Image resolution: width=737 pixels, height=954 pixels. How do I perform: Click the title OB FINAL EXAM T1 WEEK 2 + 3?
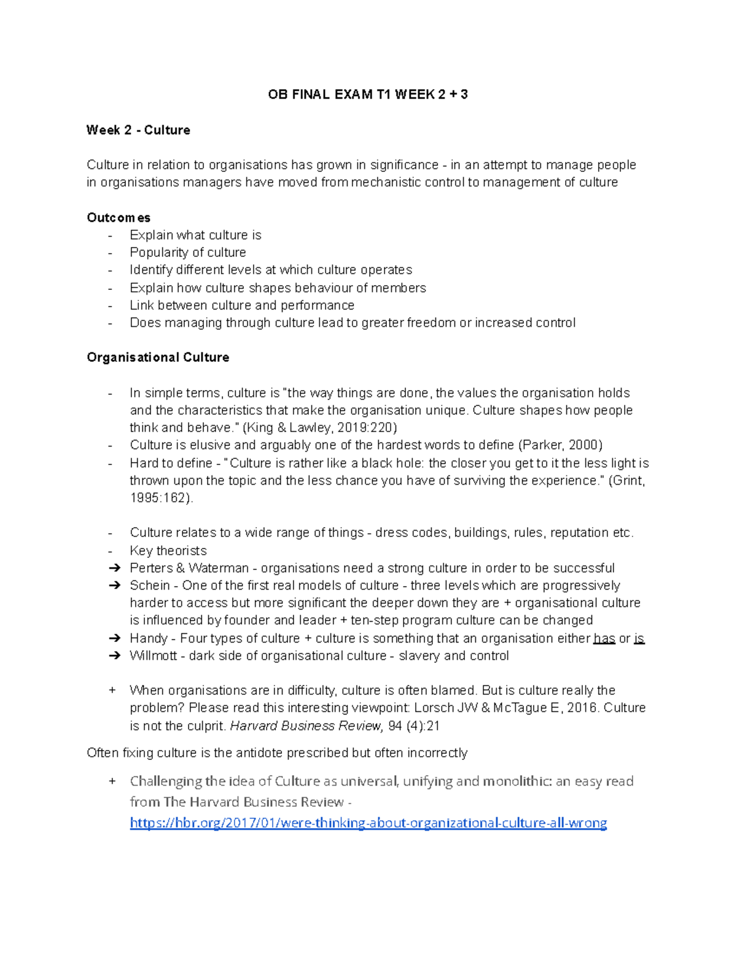pos(368,95)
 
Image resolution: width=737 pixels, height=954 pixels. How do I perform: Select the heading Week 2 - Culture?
pos(138,130)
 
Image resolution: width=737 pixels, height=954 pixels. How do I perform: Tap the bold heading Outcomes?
pos(119,217)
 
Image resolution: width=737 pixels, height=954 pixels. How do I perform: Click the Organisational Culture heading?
pos(158,358)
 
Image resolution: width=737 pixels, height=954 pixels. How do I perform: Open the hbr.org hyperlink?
pos(368,823)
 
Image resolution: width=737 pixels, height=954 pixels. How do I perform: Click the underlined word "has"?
pos(604,639)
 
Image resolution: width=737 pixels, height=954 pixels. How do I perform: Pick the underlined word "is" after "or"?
pos(639,639)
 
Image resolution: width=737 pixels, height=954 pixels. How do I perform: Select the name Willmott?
pos(153,656)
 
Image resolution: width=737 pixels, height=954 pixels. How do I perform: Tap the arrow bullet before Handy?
pos(114,639)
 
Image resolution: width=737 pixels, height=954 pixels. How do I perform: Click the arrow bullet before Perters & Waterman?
pos(114,568)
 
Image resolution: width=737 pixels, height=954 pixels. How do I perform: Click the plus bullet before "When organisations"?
pos(112,690)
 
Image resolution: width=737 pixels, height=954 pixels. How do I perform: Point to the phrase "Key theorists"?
pos(168,551)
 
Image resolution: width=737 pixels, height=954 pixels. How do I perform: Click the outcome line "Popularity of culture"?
pos(187,252)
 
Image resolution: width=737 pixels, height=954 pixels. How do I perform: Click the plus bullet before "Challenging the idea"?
pos(112,781)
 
